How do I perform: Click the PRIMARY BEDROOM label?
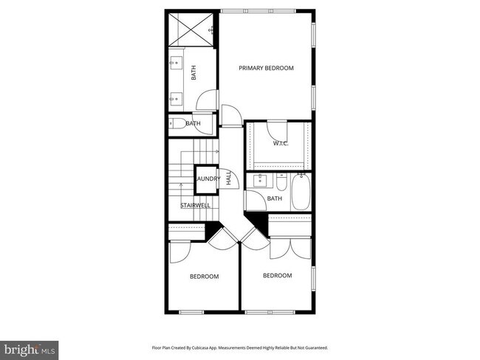coord(266,68)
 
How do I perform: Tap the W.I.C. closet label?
coord(280,143)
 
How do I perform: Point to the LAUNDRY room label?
coord(208,179)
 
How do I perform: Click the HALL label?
coord(229,178)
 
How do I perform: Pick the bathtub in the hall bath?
coord(301,193)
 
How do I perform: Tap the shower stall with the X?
coord(191,30)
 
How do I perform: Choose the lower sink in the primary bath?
coord(176,96)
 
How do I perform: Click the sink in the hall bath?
coord(259,179)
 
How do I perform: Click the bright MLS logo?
coord(30,347)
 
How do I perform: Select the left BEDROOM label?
coord(204,277)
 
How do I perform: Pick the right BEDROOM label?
coord(277,276)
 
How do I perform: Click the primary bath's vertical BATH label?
coord(194,73)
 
